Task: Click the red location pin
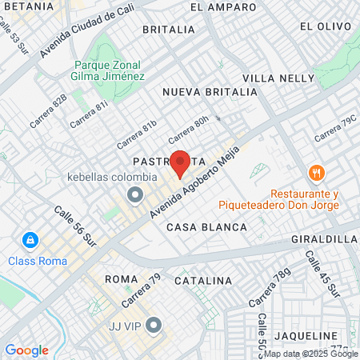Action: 180,162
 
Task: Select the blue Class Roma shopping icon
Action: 30,239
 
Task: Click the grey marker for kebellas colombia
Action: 135,194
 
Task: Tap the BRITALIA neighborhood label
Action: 168,30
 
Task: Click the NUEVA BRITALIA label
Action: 210,92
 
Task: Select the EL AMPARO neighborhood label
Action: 223,7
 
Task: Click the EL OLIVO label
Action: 326,26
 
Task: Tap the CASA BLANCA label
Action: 206,227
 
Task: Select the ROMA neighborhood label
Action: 122,278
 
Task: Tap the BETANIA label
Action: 27,6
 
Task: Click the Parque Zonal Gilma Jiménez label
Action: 109,70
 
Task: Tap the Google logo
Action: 26,350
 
